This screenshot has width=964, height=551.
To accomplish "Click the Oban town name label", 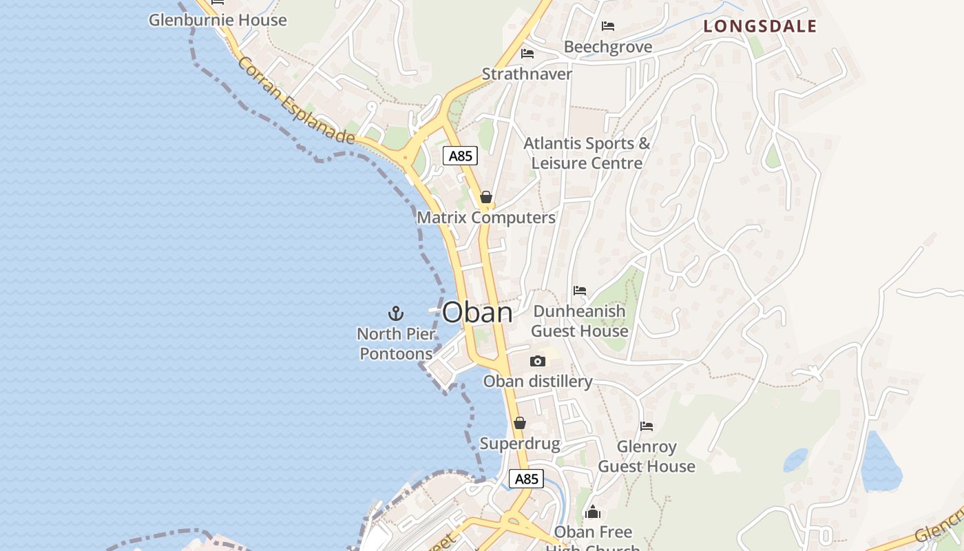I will pos(477,313).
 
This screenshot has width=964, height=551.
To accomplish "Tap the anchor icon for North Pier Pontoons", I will pos(396,314).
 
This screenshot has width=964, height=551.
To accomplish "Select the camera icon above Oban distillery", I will pos(538,361).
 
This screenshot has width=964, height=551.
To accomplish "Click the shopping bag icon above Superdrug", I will pos(520,423).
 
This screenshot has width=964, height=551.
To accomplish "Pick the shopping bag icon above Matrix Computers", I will pos(486,198).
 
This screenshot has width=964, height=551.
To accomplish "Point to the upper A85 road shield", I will pos(460,156).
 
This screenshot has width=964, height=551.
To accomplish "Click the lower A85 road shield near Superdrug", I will pos(526,479).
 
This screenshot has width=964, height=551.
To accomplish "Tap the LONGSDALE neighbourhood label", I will pos(759,27).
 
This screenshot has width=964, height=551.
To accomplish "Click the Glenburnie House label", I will pos(218,20).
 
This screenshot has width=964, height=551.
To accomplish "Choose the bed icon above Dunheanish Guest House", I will pos(580,291).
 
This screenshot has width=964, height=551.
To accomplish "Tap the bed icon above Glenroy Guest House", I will pos(647,426).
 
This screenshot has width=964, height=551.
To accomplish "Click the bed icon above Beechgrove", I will pos(608,26).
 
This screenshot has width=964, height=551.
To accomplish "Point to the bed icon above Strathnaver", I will pos(527,53).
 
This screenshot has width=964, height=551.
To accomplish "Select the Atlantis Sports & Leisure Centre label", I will pos(587,153).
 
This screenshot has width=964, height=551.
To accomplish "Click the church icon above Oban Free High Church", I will pos(593,512).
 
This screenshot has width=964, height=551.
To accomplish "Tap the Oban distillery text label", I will pos(538,382).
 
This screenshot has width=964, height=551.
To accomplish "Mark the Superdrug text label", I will pos(520,444).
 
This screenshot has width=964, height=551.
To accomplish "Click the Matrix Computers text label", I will pos(486,218).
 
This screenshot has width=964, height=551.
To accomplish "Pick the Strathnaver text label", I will pos(527,74).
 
